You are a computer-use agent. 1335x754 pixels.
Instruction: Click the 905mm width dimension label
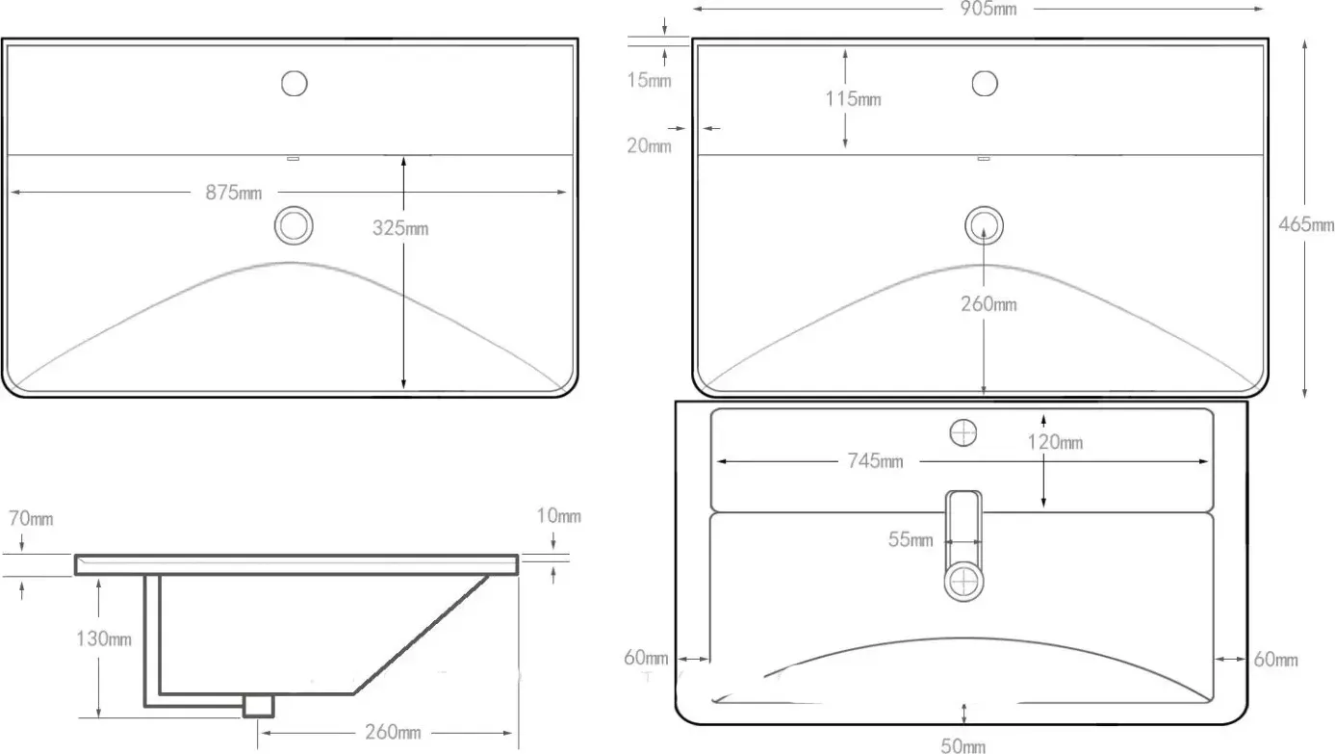pyautogui.click(x=988, y=9)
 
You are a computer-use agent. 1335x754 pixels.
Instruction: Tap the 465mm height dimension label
pyautogui.click(x=1306, y=224)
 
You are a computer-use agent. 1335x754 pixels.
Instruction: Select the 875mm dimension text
pyautogui.click(x=234, y=193)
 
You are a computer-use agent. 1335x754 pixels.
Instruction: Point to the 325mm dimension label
pyautogui.click(x=399, y=227)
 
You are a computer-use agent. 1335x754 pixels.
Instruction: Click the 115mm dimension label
pyautogui.click(x=853, y=98)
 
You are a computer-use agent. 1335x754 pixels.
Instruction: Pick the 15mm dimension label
pyautogui.click(x=649, y=80)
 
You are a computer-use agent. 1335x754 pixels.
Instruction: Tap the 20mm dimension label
pyautogui.click(x=649, y=145)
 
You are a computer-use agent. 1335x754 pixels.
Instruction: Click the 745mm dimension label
pyautogui.click(x=876, y=460)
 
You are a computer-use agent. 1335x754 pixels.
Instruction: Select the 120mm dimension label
pyautogui.click(x=1055, y=442)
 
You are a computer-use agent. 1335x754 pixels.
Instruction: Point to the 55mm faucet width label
pyautogui.click(x=911, y=539)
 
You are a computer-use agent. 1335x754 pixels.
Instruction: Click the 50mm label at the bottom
pyautogui.click(x=963, y=745)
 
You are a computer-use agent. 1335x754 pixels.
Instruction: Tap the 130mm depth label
pyautogui.click(x=104, y=639)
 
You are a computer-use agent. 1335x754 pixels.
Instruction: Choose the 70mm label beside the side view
pyautogui.click(x=31, y=519)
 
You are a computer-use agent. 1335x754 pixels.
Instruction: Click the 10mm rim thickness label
pyautogui.click(x=558, y=515)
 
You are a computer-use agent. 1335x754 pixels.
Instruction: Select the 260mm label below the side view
pyautogui.click(x=393, y=732)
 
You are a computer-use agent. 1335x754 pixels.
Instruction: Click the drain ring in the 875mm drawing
pyautogui.click(x=294, y=208)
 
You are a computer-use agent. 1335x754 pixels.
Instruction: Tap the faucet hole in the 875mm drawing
pyautogui.click(x=295, y=71)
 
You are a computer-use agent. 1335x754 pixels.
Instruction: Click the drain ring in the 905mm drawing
pyautogui.click(x=984, y=208)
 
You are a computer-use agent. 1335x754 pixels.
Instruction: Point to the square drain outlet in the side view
pyautogui.click(x=259, y=706)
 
